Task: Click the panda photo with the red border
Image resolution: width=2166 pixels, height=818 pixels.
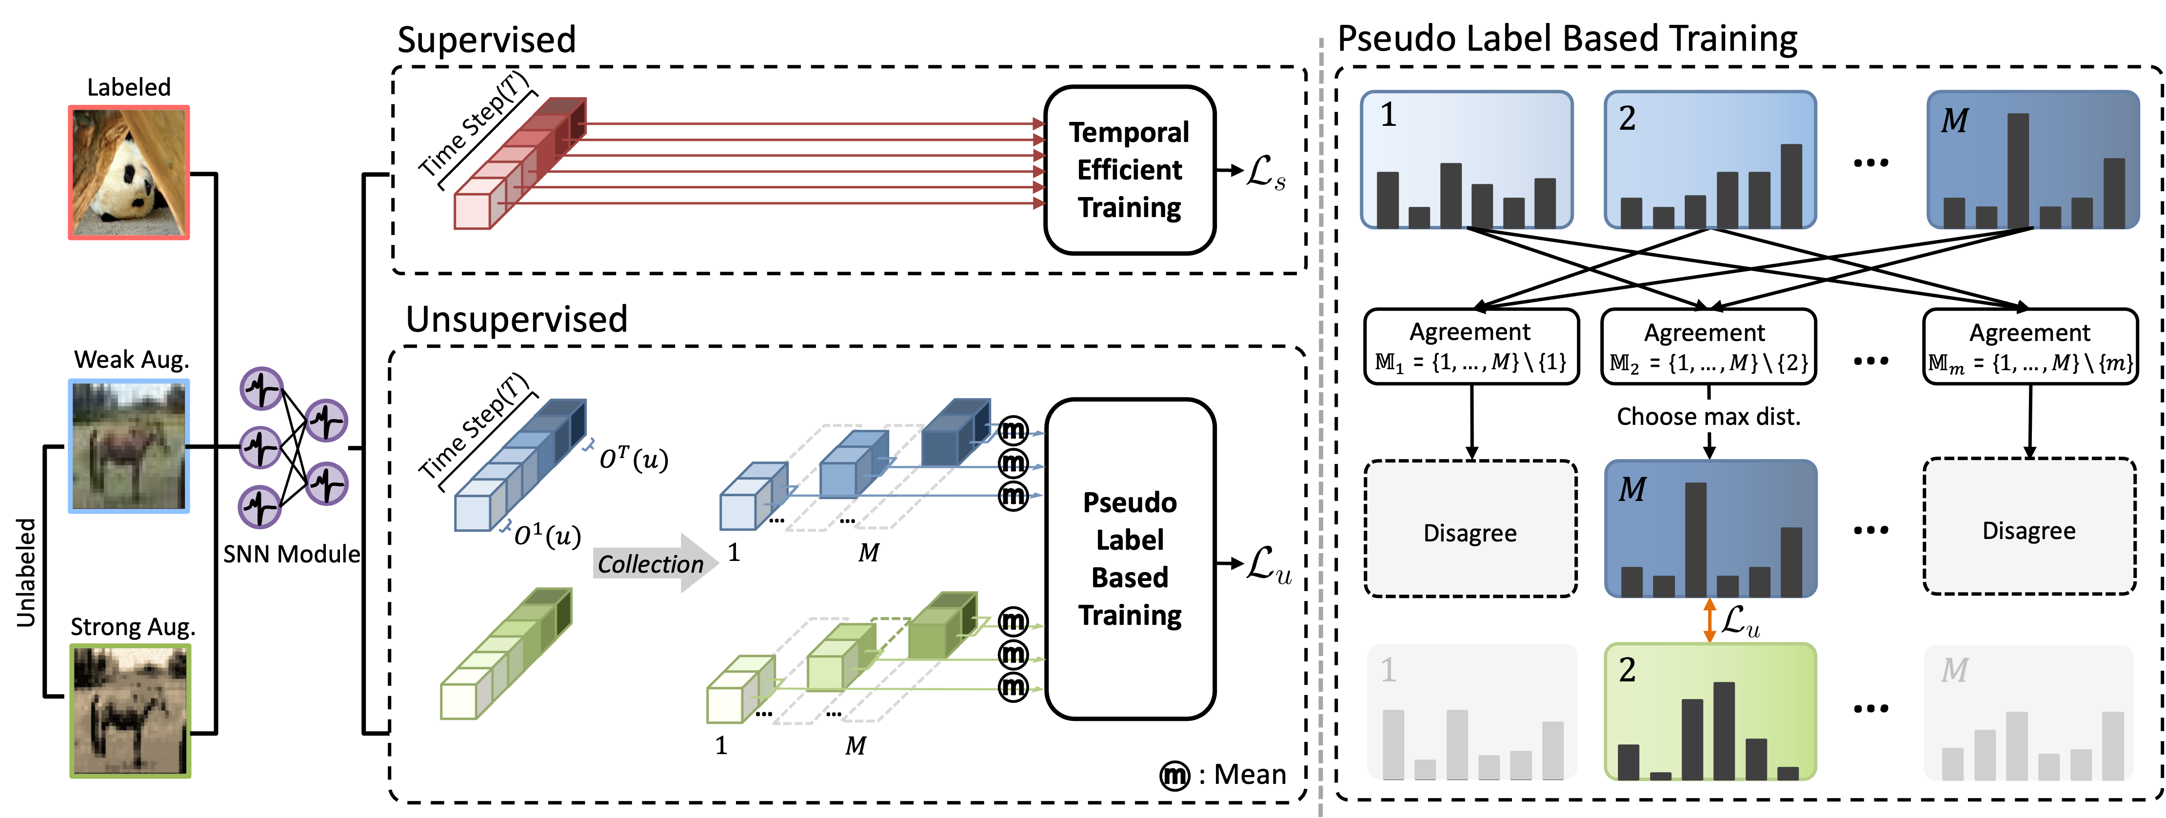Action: coord(129,172)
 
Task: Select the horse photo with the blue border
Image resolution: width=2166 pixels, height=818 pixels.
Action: coord(129,445)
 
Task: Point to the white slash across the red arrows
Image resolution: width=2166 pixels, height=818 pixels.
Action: coord(849,172)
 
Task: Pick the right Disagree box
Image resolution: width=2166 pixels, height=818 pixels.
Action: coord(2029,528)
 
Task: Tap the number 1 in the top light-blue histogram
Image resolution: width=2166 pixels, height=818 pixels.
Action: coord(1388,115)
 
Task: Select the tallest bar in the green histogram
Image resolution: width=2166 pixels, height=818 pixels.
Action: coord(1724,730)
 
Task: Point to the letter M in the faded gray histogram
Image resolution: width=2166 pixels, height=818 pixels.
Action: coord(1954,671)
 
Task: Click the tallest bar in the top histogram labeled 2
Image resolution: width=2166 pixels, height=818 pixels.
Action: coord(1791,185)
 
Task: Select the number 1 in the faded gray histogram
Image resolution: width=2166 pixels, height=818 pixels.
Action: coord(1388,670)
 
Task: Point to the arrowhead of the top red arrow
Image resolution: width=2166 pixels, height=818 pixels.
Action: coord(1039,123)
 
